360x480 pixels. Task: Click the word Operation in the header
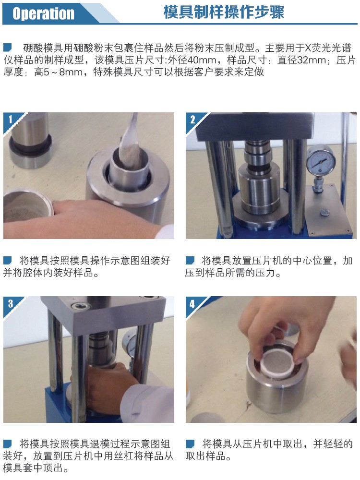[x=44, y=13]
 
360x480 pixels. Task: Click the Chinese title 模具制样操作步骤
[x=224, y=12]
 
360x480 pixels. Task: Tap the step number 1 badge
[x=11, y=119]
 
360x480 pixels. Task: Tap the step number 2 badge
[x=192, y=120]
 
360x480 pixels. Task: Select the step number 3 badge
[x=11, y=303]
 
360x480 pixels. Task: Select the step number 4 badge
[x=192, y=304]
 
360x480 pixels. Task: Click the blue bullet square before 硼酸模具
[x=8, y=48]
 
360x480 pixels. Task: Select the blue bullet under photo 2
[x=190, y=261]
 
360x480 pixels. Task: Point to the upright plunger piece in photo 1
[x=30, y=140]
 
